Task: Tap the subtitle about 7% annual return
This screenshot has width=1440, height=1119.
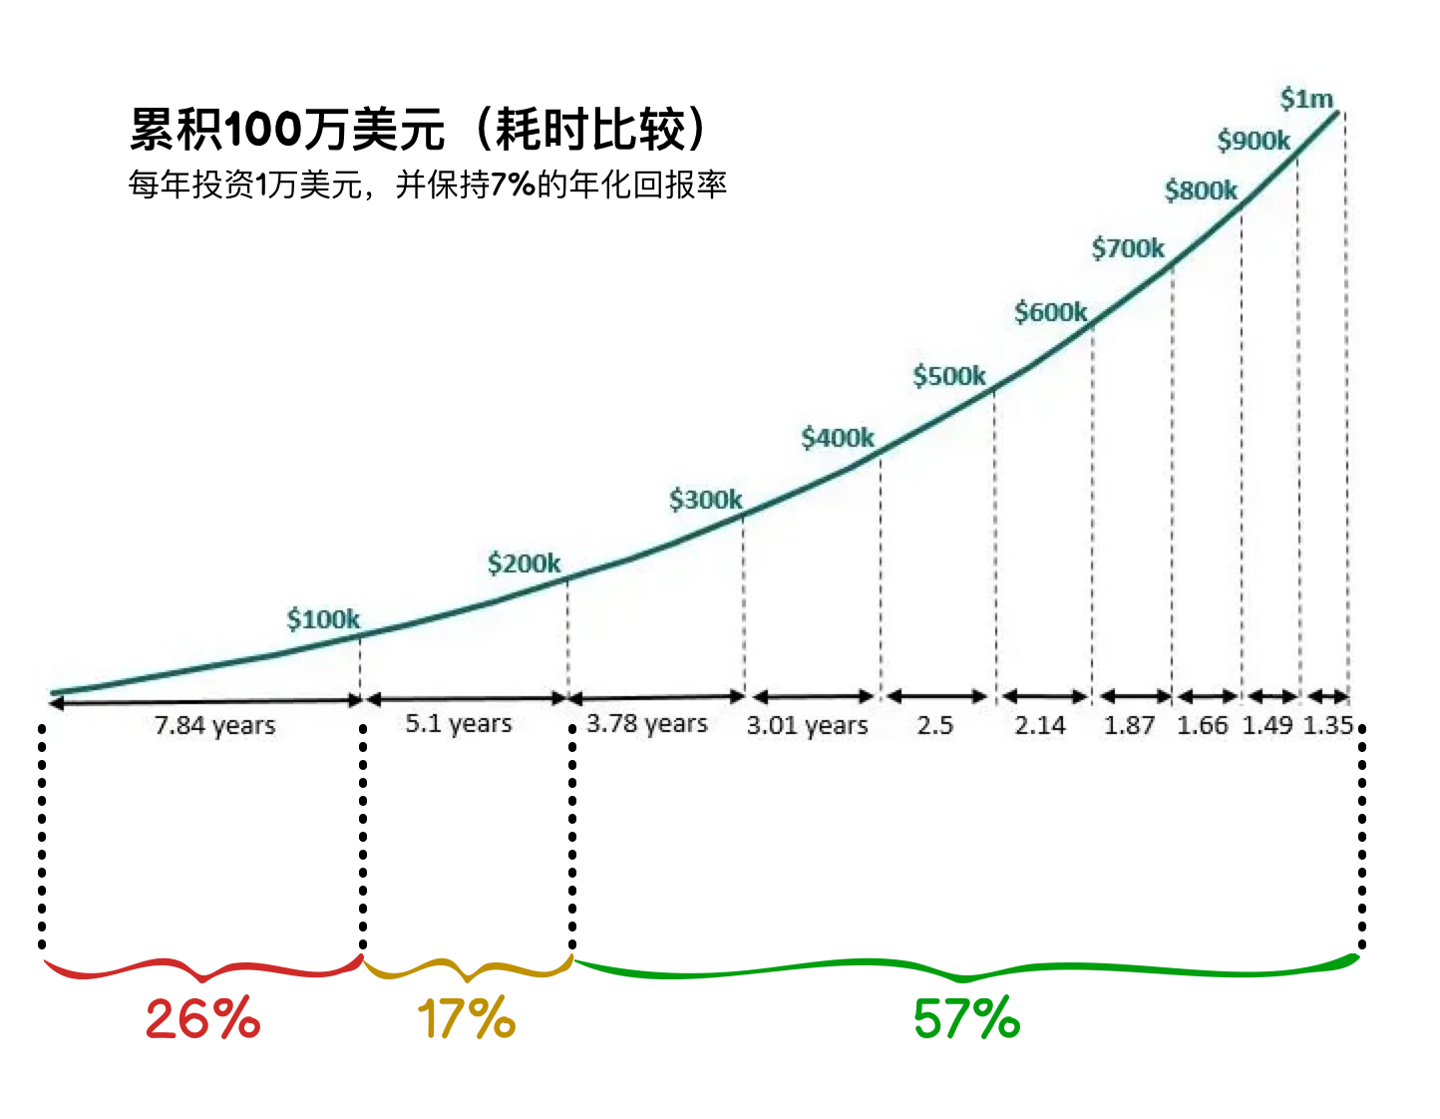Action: click(427, 185)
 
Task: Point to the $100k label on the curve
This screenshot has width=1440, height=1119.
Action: click(323, 619)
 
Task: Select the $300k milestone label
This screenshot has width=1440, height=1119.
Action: click(705, 499)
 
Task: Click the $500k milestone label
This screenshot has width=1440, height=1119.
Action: click(948, 376)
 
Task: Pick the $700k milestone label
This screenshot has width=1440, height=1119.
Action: click(1128, 247)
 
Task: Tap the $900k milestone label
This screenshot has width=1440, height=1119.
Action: click(1254, 141)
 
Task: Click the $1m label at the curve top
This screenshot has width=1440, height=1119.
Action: click(1306, 99)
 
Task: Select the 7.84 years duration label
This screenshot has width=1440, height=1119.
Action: click(214, 725)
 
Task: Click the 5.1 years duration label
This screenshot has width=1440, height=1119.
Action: click(459, 723)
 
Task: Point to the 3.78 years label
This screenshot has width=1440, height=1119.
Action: click(647, 723)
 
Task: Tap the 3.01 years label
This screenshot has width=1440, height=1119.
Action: click(808, 725)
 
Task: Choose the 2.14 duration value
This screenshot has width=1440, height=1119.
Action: click(1039, 725)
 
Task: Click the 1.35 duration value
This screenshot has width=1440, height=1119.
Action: click(1327, 725)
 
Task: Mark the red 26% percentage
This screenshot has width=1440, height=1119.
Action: click(202, 1019)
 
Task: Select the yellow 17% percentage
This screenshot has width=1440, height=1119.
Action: click(466, 1019)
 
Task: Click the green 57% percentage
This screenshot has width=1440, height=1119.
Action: click(966, 1019)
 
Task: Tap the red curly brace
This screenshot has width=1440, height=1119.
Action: click(202, 968)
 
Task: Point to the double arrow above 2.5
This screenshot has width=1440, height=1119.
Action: click(936, 696)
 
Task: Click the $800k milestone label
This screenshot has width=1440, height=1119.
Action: click(1201, 190)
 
